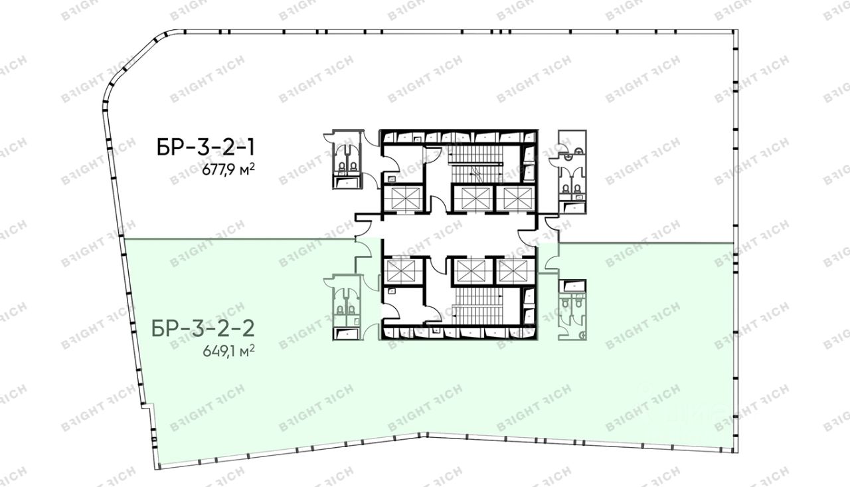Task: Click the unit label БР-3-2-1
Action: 205,147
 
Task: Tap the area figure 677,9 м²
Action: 228,169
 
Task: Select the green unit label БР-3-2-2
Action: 203,329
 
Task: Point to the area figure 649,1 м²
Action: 228,351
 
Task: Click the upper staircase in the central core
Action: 476,165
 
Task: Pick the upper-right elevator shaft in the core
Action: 516,198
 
